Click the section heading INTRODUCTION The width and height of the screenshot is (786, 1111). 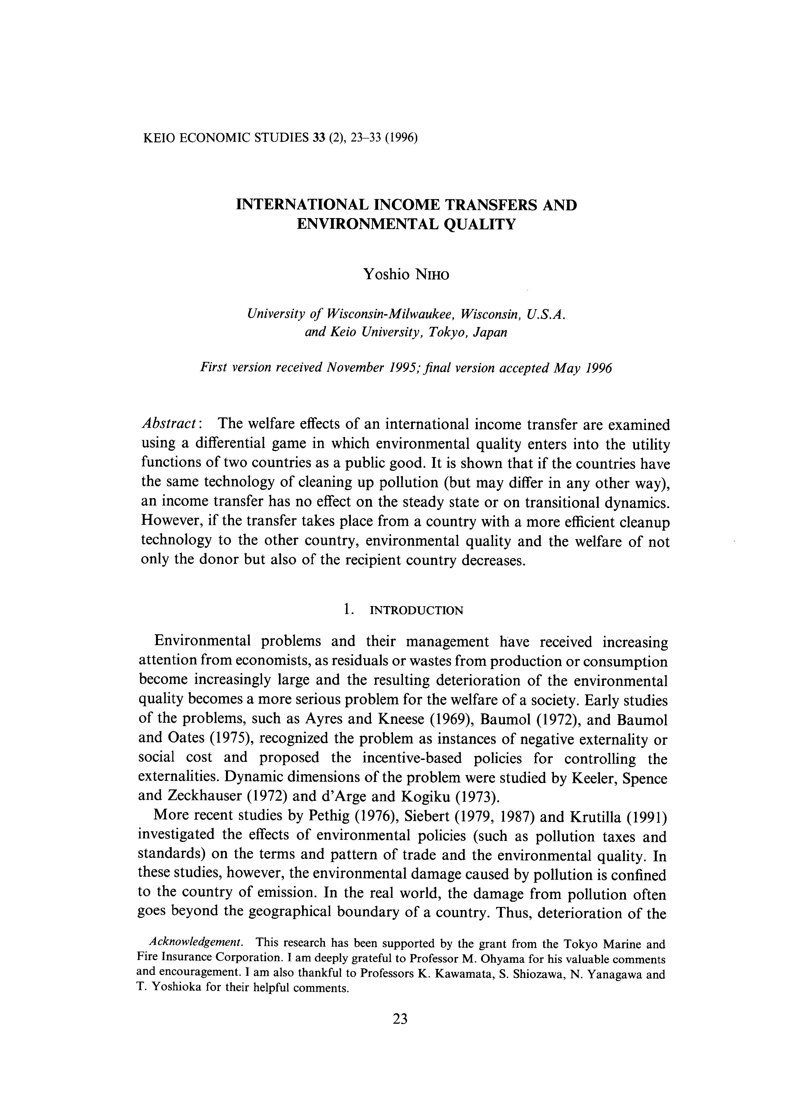pos(416,611)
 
